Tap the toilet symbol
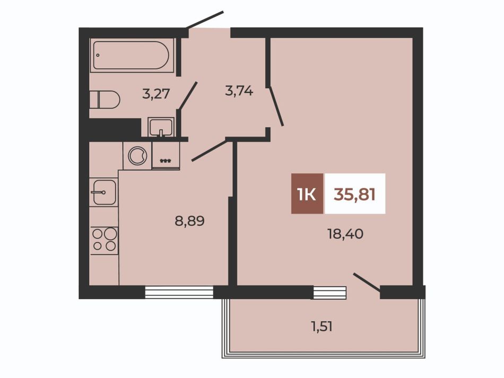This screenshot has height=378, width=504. click(104, 100)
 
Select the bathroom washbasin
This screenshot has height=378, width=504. click(161, 127)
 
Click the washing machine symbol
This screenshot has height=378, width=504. click(137, 156)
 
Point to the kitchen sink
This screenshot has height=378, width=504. click(103, 192)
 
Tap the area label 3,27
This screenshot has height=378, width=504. click(156, 94)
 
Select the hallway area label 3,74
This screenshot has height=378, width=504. click(239, 92)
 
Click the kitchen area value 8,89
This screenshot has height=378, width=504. click(189, 221)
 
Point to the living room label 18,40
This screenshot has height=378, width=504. click(345, 234)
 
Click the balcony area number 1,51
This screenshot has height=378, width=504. click(321, 327)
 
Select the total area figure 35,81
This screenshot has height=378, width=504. click(354, 194)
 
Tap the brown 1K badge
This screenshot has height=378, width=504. click(308, 194)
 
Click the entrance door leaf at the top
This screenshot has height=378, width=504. click(204, 20)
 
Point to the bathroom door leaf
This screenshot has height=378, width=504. click(187, 96)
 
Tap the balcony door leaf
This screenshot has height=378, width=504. click(367, 282)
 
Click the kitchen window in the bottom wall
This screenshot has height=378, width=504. click(179, 292)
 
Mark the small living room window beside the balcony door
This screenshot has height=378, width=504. click(330, 293)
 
